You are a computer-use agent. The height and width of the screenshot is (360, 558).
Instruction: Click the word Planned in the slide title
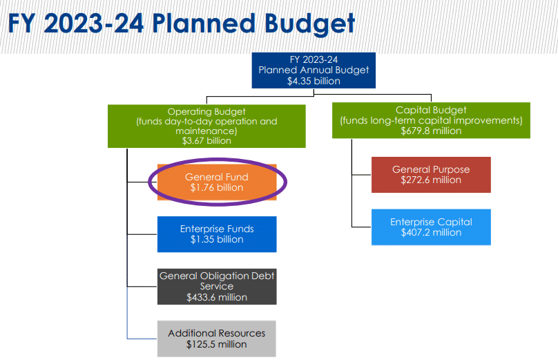point(204,23)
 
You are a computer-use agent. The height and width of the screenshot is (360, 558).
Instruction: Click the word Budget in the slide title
point(309,24)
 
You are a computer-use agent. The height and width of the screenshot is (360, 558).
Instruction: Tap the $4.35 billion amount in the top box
point(314,81)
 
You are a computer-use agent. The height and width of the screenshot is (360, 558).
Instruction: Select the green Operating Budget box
point(206,126)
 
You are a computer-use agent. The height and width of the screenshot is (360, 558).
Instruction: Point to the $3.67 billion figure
point(206,141)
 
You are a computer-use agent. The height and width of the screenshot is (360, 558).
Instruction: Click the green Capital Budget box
point(431,120)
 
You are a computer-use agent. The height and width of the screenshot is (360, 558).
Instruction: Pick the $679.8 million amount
point(431,131)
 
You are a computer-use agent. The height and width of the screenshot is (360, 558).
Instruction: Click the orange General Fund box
point(217,182)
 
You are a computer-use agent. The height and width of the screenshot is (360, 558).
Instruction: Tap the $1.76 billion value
point(217,187)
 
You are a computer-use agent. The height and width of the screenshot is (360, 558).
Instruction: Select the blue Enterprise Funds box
point(217,234)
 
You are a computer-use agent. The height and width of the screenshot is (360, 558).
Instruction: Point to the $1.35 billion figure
point(217,239)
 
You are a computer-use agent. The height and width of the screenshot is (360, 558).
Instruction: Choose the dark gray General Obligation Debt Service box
point(217,287)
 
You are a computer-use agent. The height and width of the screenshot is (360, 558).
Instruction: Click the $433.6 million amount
point(217,297)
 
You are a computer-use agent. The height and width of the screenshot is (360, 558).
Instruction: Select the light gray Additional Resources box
point(217,339)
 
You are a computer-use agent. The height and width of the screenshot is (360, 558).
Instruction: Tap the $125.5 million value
point(216,344)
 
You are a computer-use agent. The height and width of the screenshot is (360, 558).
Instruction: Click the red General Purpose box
point(431,175)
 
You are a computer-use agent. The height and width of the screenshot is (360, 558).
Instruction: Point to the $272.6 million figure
point(431,180)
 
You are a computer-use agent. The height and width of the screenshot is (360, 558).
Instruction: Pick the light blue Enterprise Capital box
point(431,227)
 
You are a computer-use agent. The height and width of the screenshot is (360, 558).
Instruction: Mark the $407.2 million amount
point(431,233)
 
